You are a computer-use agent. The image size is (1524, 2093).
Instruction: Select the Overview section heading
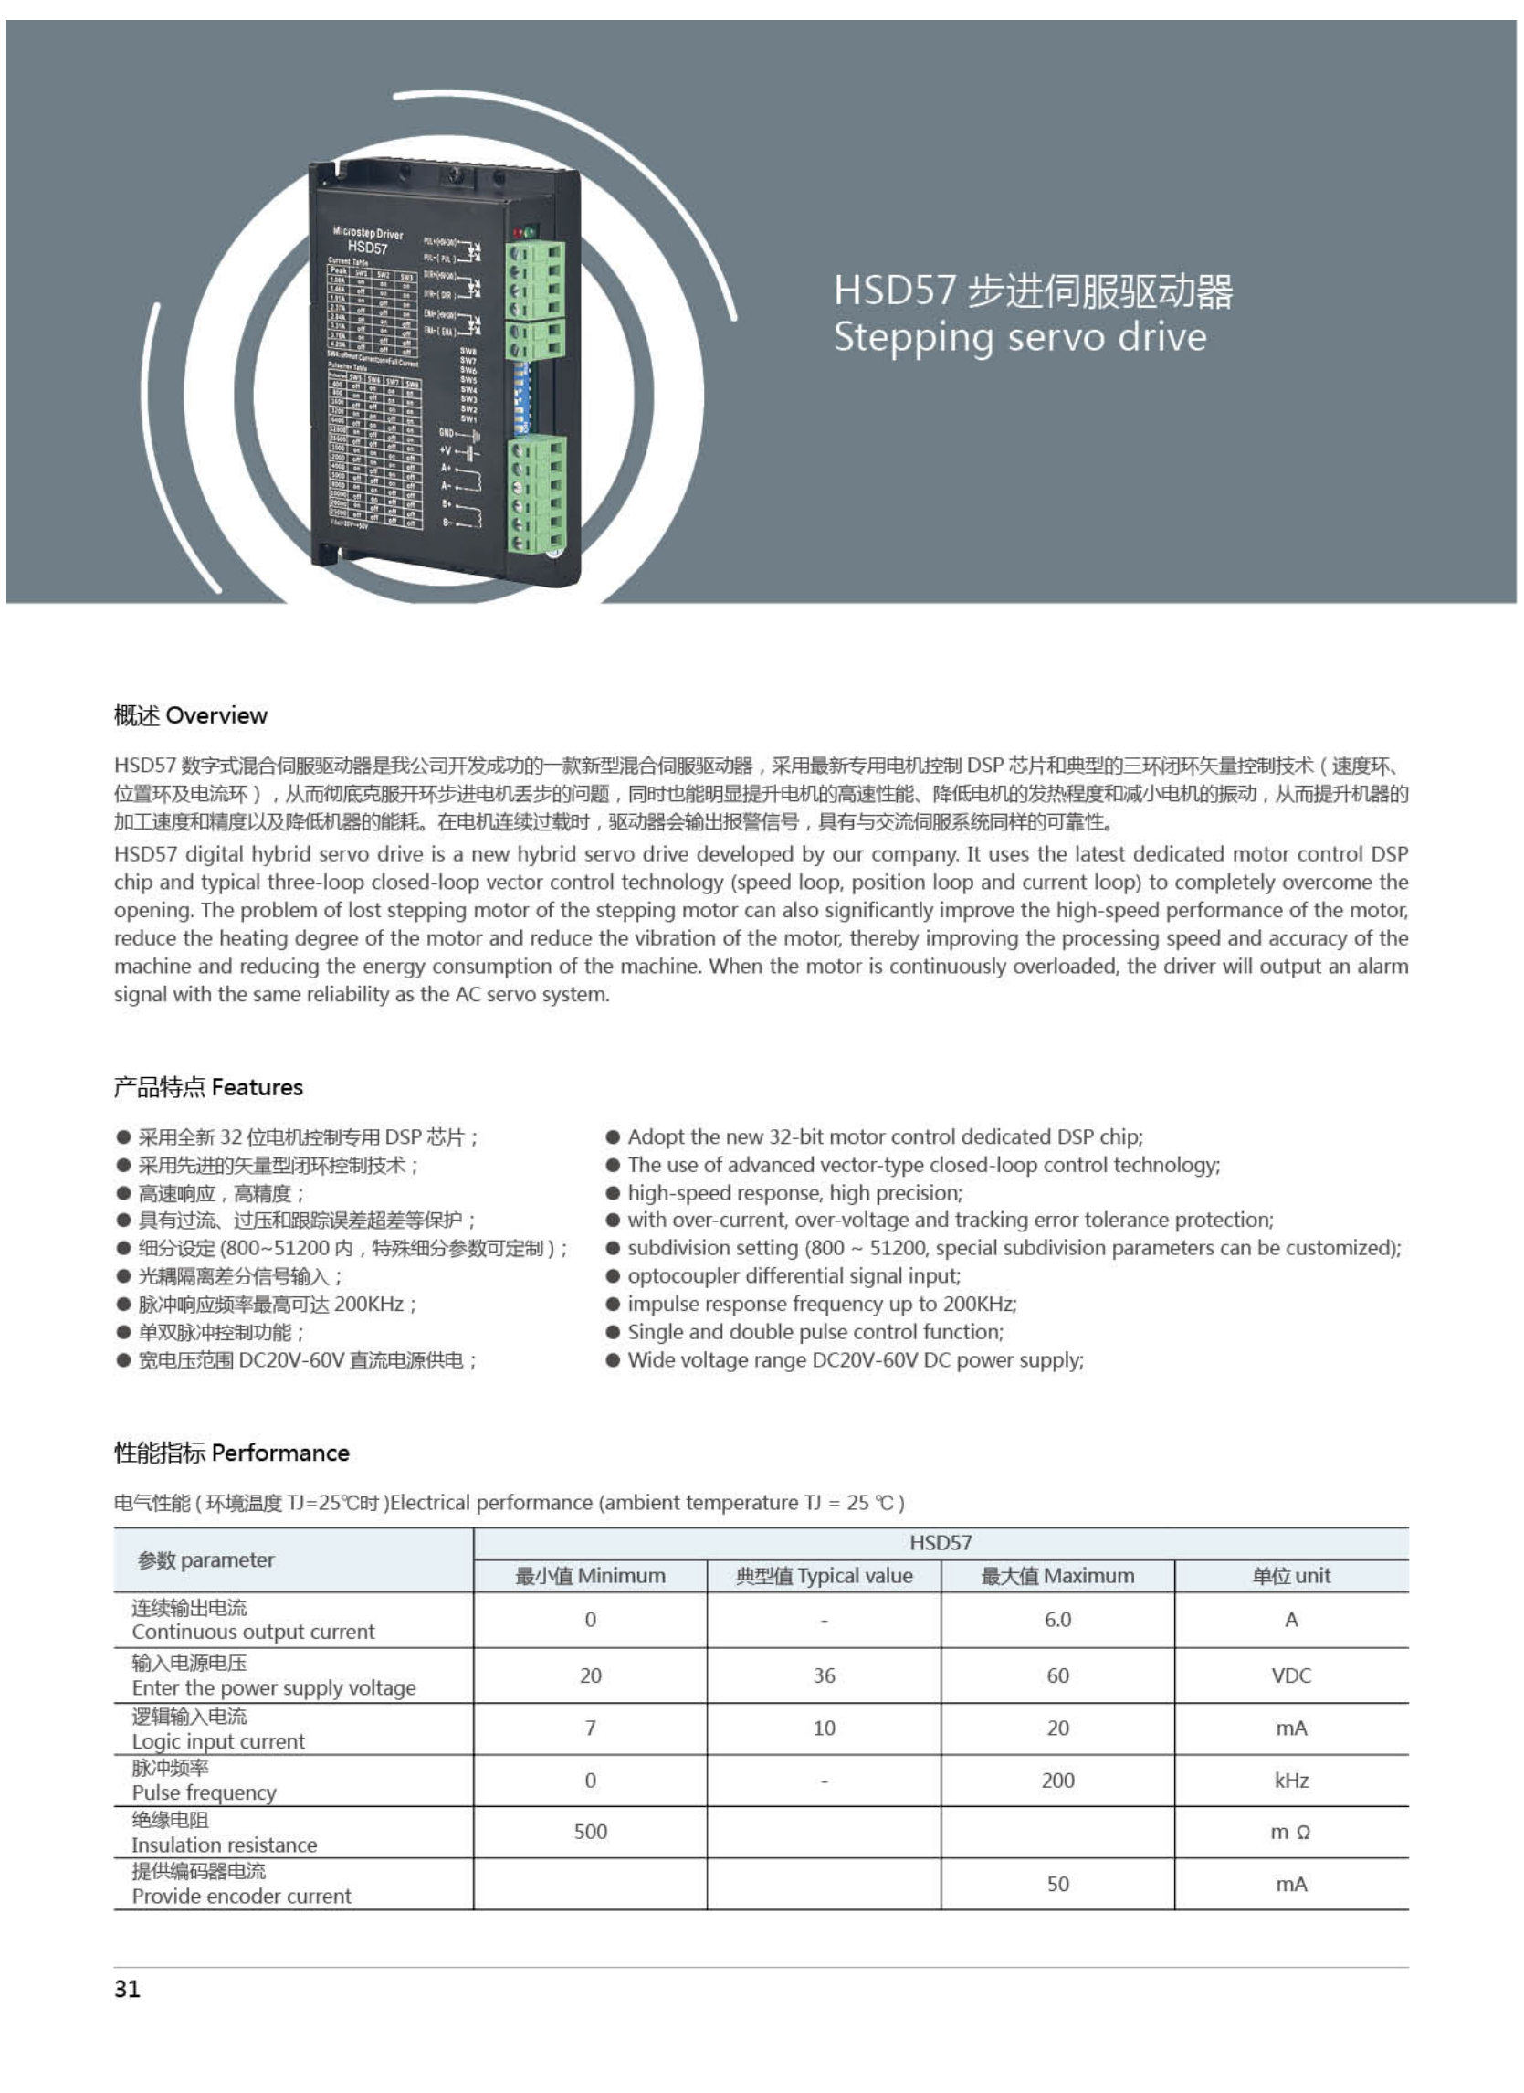click(x=190, y=715)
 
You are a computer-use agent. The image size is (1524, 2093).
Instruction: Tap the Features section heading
click(x=207, y=1087)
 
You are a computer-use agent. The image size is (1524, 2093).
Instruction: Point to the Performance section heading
click(x=232, y=1453)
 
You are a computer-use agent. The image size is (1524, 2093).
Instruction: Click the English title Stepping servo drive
click(x=1019, y=338)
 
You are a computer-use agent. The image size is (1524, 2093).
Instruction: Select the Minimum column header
click(x=590, y=1575)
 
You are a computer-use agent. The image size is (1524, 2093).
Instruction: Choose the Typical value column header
click(x=824, y=1575)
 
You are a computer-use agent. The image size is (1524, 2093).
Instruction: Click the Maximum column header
click(x=1057, y=1575)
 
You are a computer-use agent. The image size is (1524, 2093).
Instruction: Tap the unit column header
click(x=1290, y=1575)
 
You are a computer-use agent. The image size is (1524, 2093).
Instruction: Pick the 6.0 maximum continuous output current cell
click(x=1057, y=1620)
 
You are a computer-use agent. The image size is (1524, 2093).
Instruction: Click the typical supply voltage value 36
click(x=824, y=1675)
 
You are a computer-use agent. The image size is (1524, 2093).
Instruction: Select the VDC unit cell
click(x=1290, y=1675)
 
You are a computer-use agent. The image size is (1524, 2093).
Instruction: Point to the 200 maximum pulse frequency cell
click(x=1057, y=1781)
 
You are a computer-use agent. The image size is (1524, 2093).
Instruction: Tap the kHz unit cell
click(x=1290, y=1781)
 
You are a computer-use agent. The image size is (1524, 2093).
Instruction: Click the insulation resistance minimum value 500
click(x=591, y=1832)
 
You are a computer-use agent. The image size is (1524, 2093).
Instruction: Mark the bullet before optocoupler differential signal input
click(x=613, y=1276)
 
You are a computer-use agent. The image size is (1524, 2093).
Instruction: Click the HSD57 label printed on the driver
click(x=367, y=248)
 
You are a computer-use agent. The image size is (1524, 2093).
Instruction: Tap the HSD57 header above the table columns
click(x=940, y=1542)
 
